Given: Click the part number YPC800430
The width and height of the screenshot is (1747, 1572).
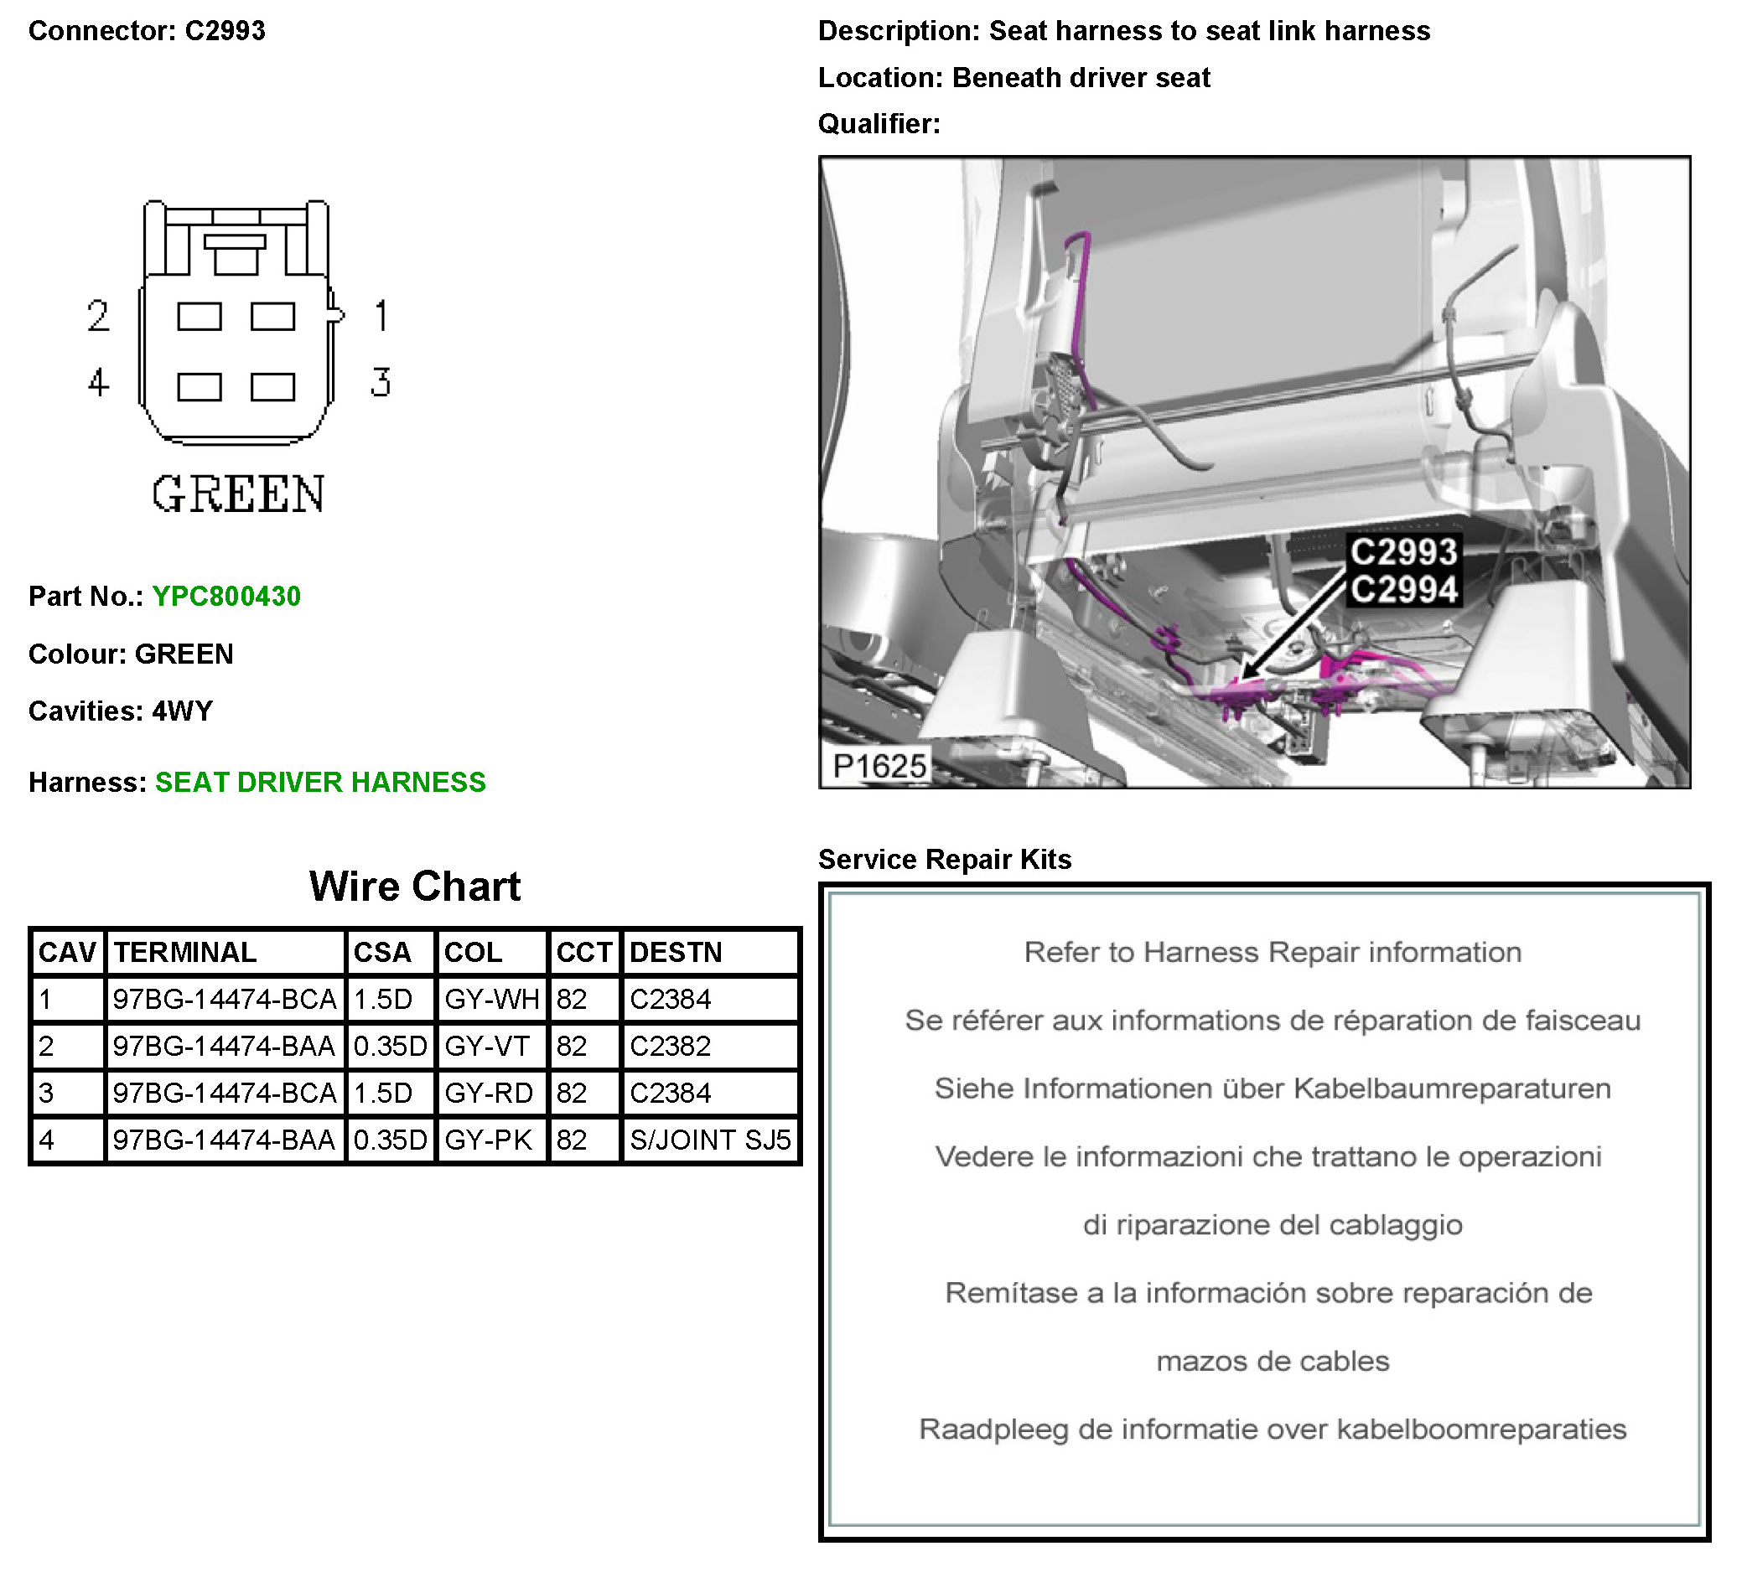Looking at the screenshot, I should (x=226, y=596).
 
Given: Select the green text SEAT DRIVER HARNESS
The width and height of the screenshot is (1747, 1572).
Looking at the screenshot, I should (x=319, y=782).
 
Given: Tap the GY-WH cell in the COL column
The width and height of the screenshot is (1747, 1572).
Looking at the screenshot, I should (x=490, y=999).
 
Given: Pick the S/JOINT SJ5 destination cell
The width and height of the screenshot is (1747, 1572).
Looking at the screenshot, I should (x=709, y=1140).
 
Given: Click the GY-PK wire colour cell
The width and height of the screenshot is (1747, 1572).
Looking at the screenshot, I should (x=488, y=1140).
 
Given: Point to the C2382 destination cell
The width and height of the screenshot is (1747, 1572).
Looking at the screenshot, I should (x=670, y=1046).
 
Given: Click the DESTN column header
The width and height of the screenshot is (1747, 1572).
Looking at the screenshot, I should (x=675, y=952).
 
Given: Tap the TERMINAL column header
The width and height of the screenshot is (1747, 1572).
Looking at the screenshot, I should (x=185, y=952).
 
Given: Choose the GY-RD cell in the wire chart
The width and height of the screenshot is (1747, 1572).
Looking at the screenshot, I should (x=488, y=1093).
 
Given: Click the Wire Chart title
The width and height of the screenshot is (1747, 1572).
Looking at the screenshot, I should (x=415, y=887).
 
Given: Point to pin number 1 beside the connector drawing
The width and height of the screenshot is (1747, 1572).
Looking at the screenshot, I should (x=381, y=316).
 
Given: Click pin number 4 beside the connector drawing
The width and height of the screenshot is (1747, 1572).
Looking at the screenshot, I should (x=98, y=382).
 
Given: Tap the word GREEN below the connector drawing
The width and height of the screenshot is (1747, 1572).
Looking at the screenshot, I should (x=238, y=494).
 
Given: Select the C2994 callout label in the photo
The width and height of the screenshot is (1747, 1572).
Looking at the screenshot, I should (x=1403, y=590).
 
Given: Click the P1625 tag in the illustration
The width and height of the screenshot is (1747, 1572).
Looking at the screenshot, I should (x=879, y=765).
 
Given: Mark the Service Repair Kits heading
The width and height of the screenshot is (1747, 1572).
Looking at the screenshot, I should (x=945, y=860).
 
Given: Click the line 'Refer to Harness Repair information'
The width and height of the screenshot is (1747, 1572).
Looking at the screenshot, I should (x=1272, y=952).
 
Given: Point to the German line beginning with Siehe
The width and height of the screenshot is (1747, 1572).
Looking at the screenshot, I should (x=1272, y=1089).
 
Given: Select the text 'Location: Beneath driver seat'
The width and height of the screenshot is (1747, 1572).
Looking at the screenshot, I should (x=1013, y=78).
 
